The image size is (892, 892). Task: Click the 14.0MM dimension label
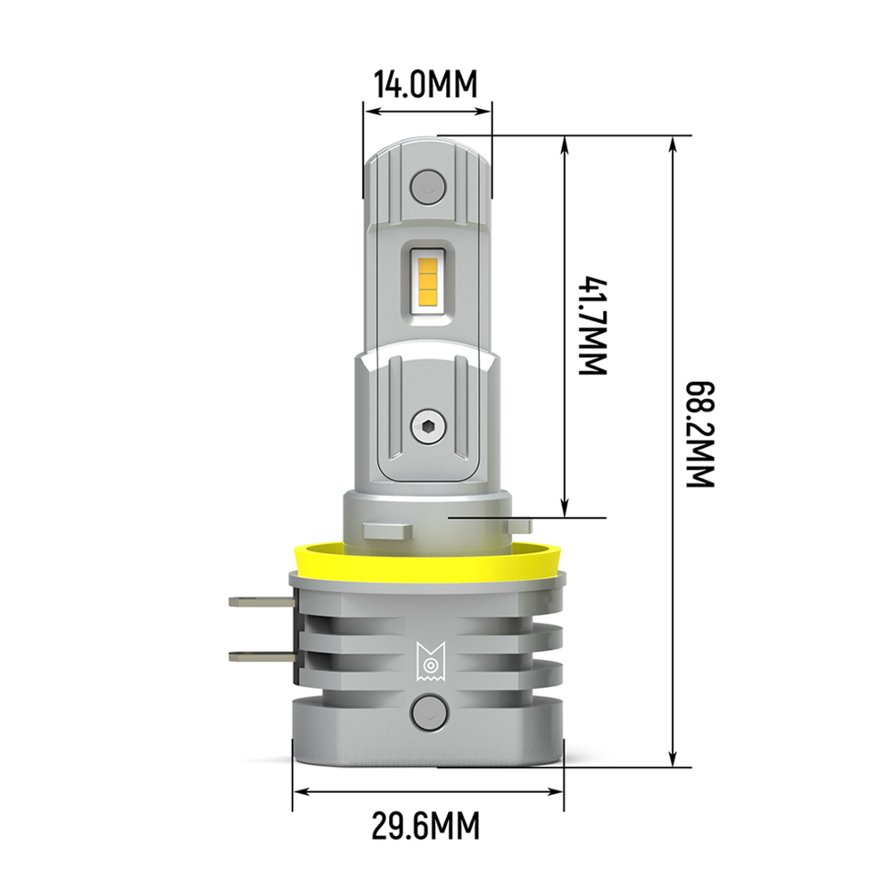tap(426, 86)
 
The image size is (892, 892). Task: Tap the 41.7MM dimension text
tap(592, 326)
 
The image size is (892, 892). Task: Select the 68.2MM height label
tap(701, 434)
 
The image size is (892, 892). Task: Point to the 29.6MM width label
tap(426, 826)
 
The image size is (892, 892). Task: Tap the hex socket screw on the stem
tap(427, 427)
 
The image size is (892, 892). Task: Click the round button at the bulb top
tap(427, 186)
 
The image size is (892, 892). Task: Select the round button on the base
tap(427, 714)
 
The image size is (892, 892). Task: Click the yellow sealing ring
tap(427, 560)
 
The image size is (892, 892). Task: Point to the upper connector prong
tap(258, 603)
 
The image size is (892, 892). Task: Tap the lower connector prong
tap(258, 657)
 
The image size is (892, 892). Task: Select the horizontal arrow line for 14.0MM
tap(427, 112)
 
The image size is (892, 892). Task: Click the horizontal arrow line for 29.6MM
tap(428, 791)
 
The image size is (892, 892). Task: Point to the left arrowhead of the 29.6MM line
tap(301, 791)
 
